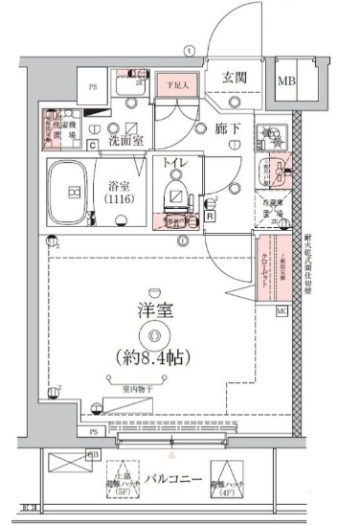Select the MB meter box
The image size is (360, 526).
coord(286,80)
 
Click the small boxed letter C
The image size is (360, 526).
coord(92,146)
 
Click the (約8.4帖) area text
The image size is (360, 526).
coord(150,358)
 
